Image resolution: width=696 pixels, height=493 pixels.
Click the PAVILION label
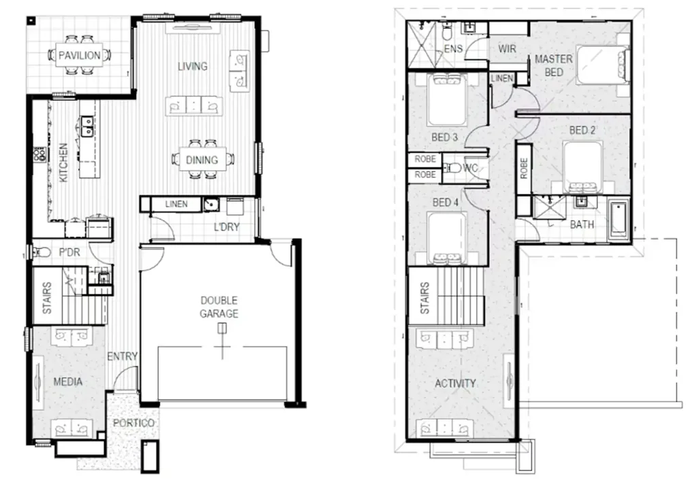(x=79, y=55)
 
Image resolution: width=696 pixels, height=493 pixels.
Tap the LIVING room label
(x=193, y=67)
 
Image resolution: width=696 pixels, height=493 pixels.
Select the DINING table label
(x=201, y=160)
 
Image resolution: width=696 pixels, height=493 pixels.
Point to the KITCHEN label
(x=63, y=163)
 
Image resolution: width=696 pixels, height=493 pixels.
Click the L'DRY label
(x=227, y=227)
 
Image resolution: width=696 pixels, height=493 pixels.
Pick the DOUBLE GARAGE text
(x=219, y=307)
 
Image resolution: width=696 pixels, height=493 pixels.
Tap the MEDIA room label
(x=68, y=381)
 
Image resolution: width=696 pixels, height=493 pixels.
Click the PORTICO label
(x=134, y=422)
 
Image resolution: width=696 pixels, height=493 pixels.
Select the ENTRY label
(x=122, y=356)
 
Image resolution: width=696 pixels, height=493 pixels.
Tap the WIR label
(x=508, y=49)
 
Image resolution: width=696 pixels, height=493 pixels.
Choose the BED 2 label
(x=582, y=130)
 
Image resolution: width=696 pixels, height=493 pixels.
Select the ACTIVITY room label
(x=455, y=384)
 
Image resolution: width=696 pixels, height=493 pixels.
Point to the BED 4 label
(x=445, y=203)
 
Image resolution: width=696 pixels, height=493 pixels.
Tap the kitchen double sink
(x=86, y=125)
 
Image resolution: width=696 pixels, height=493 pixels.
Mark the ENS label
(x=453, y=49)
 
